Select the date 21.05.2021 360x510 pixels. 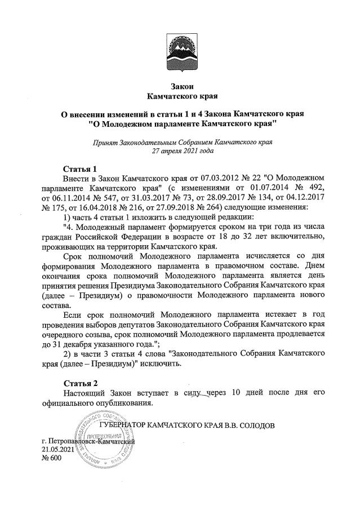(58, 450)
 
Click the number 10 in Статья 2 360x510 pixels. (238, 393)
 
